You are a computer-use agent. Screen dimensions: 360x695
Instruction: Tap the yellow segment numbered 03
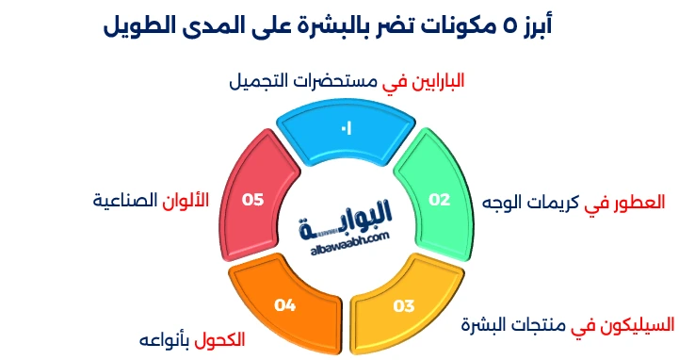pos(403,303)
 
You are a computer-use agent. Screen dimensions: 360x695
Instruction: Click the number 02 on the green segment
pos(440,199)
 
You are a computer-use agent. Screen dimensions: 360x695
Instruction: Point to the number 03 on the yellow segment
pos(404,305)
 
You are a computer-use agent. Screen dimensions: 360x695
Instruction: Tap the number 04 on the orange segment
pos(285,304)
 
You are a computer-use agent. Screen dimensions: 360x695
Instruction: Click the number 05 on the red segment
pos(252,199)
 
